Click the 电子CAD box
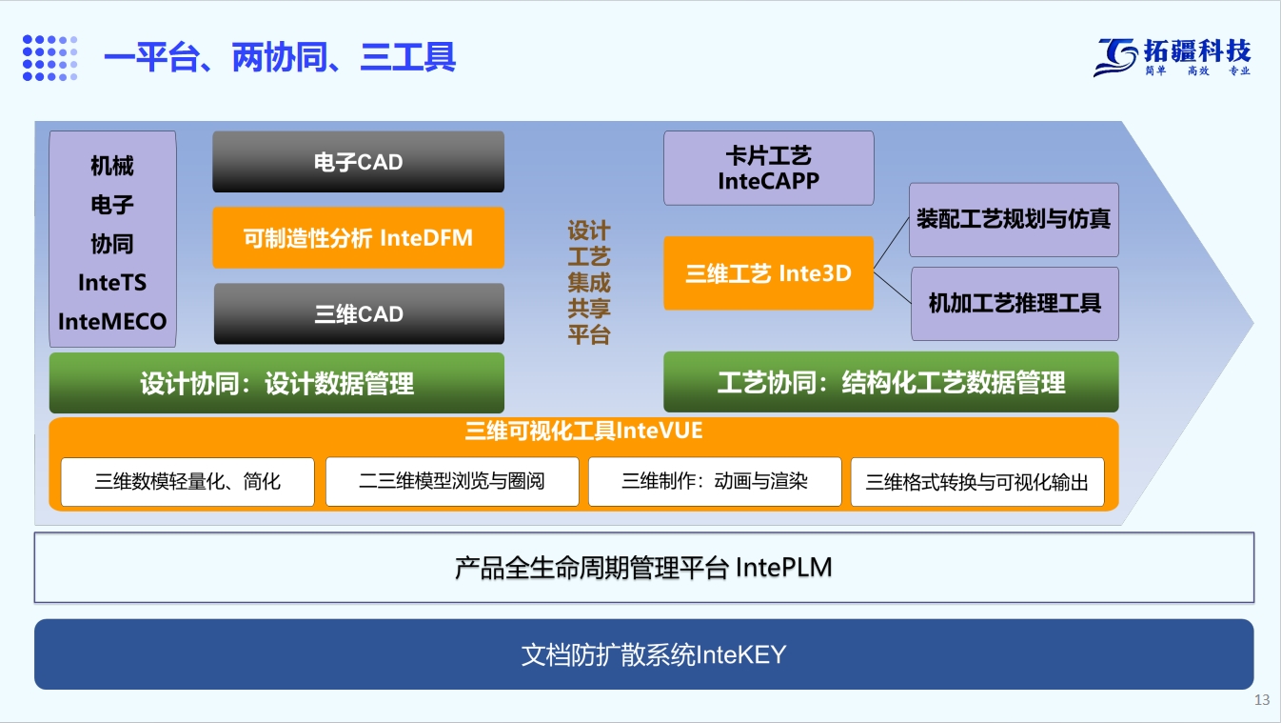[x=358, y=161]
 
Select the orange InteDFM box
[x=358, y=237]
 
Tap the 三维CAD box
[x=359, y=313]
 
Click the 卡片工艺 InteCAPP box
[x=769, y=169]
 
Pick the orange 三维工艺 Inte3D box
[x=769, y=273]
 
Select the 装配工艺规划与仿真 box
[x=1014, y=220]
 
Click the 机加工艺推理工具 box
[x=1015, y=304]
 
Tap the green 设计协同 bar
[x=277, y=383]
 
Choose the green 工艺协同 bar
[x=891, y=382]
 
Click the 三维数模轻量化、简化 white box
[x=187, y=482]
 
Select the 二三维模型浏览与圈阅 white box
[x=452, y=482]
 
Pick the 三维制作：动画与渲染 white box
[x=715, y=482]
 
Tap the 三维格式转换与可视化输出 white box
[x=977, y=482]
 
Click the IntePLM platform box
[x=644, y=568]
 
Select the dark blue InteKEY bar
[x=644, y=654]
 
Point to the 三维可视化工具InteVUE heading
[x=583, y=431]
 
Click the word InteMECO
[x=112, y=322]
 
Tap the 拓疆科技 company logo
[x=1173, y=57]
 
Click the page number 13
[x=1262, y=699]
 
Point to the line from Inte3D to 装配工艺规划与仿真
[x=892, y=244]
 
